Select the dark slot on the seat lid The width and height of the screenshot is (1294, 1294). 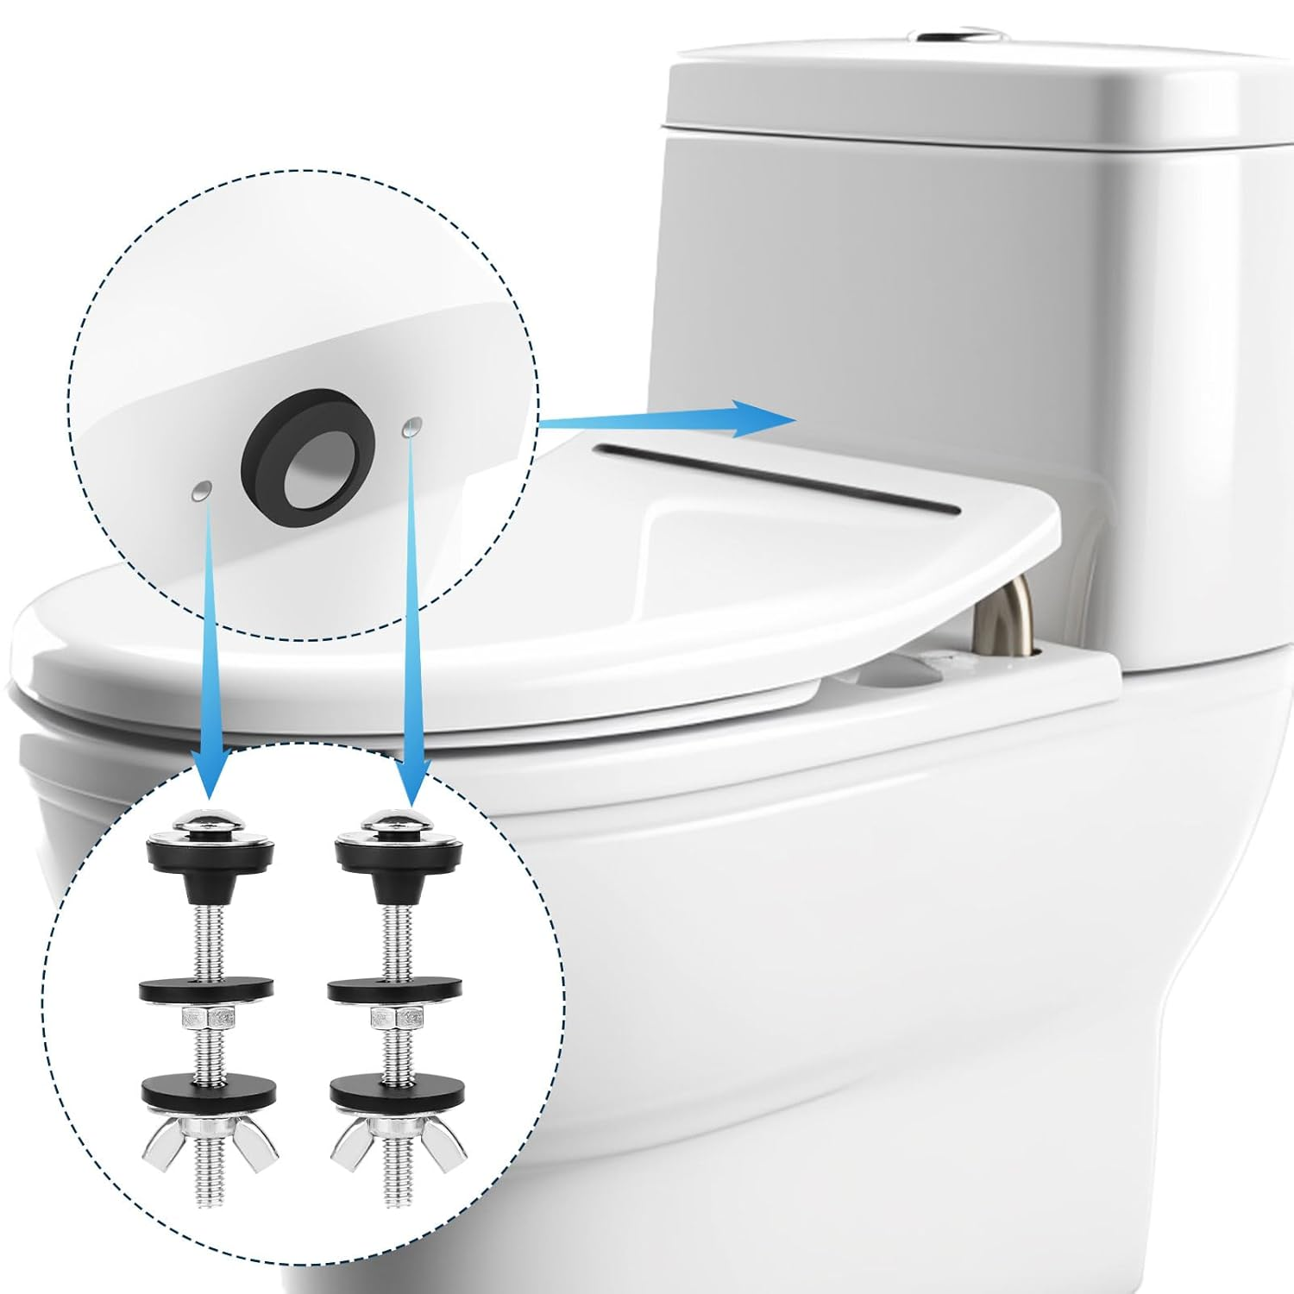pyautogui.click(x=776, y=479)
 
